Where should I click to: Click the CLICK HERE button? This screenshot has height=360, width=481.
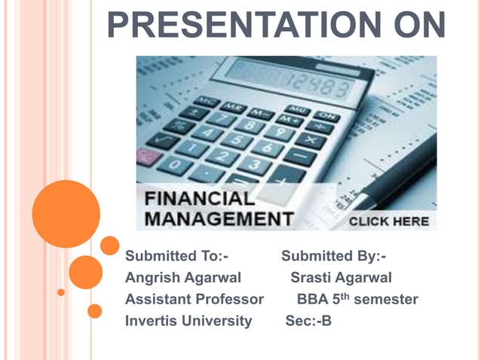[388, 221]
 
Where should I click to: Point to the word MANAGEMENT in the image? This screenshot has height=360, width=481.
[219, 219]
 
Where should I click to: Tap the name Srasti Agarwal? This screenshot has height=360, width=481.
[341, 278]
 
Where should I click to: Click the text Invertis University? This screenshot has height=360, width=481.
[188, 321]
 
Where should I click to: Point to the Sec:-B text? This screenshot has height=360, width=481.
[308, 321]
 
